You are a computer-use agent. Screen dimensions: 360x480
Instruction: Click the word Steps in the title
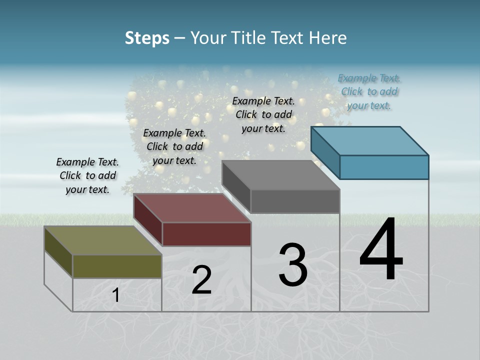click(147, 38)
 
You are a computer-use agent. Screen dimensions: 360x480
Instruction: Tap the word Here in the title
click(328, 38)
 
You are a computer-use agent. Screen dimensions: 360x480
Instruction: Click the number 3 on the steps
click(293, 265)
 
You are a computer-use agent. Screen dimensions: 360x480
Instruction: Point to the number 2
click(201, 280)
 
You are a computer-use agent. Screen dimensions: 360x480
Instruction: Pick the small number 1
click(116, 295)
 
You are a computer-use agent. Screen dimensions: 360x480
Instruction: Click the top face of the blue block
click(370, 140)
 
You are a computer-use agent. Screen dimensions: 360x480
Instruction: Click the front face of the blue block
click(384, 167)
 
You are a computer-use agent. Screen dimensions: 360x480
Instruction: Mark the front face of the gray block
click(295, 201)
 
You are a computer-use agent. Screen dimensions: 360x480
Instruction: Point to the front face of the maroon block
click(206, 234)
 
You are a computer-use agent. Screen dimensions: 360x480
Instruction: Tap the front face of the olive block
click(117, 266)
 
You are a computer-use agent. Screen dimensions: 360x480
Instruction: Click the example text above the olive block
click(87, 175)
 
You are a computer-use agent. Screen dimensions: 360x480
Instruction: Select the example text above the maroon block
click(174, 146)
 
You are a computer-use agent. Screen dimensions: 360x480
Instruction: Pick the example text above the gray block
click(263, 114)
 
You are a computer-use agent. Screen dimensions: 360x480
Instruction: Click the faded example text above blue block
click(369, 91)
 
